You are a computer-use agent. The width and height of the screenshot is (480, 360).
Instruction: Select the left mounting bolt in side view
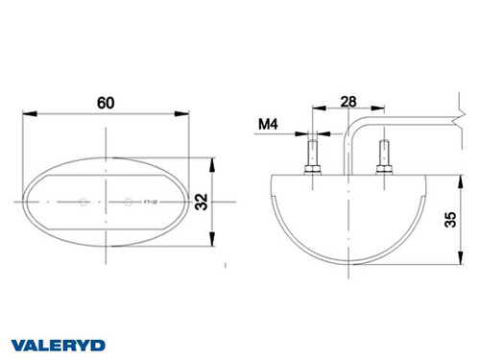tap(312, 154)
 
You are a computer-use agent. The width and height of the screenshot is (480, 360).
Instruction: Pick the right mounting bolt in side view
tap(383, 154)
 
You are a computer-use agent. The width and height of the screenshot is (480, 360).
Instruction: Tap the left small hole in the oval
tap(84, 202)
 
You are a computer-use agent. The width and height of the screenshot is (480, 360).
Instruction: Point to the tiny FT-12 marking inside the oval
tap(148, 203)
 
